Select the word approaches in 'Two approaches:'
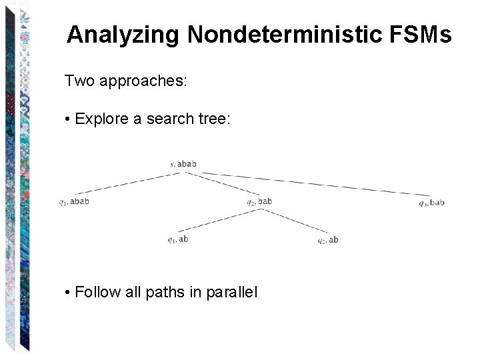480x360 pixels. (141, 82)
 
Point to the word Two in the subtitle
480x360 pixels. (78, 81)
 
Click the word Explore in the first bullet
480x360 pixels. (101, 119)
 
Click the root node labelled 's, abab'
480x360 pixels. (183, 163)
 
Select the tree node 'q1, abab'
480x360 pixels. (74, 201)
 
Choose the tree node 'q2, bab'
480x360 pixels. (259, 201)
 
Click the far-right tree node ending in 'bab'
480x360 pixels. (431, 202)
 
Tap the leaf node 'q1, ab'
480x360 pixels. (178, 239)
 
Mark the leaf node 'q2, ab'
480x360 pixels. (327, 240)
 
